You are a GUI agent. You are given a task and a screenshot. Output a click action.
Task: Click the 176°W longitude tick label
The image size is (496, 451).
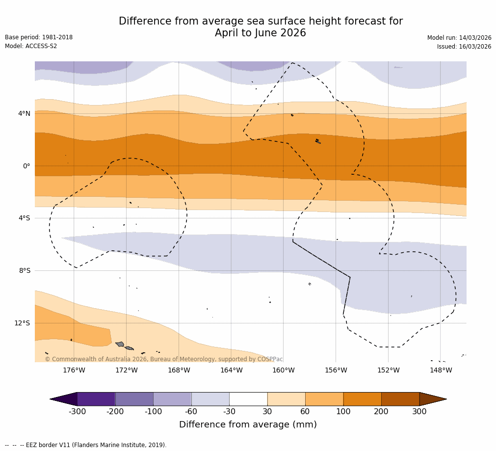[74, 370]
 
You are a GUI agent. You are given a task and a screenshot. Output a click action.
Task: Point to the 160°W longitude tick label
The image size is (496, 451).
[283, 370]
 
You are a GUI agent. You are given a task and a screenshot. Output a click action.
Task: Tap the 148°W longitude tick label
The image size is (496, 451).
[441, 370]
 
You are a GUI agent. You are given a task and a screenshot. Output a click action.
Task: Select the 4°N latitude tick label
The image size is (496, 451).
[24, 113]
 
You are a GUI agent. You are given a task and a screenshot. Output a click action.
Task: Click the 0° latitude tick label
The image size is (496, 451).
[26, 166]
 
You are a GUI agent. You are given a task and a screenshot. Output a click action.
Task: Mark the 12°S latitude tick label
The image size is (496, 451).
[22, 323]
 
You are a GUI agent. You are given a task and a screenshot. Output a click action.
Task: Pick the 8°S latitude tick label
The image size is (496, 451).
[25, 270]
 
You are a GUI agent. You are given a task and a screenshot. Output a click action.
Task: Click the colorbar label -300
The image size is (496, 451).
[77, 412]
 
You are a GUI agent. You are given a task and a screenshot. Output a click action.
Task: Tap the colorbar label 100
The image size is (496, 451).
[343, 412]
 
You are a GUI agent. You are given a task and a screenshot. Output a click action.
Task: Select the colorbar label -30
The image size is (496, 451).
[229, 412]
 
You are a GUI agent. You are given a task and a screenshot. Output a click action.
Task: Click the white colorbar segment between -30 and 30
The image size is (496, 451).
[248, 399]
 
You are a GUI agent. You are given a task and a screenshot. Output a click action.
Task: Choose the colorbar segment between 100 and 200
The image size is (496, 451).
[362, 399]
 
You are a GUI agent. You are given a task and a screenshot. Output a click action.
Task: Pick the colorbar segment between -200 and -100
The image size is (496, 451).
[134, 399]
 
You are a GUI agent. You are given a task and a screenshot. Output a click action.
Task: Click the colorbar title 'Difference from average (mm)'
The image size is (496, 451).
[248, 424]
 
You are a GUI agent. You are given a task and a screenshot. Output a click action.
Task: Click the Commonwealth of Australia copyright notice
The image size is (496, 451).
[164, 359]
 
